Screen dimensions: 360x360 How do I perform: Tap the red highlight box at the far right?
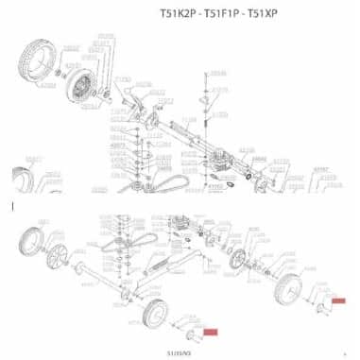(338, 300)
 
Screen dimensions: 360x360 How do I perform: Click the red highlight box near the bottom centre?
(211, 332)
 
